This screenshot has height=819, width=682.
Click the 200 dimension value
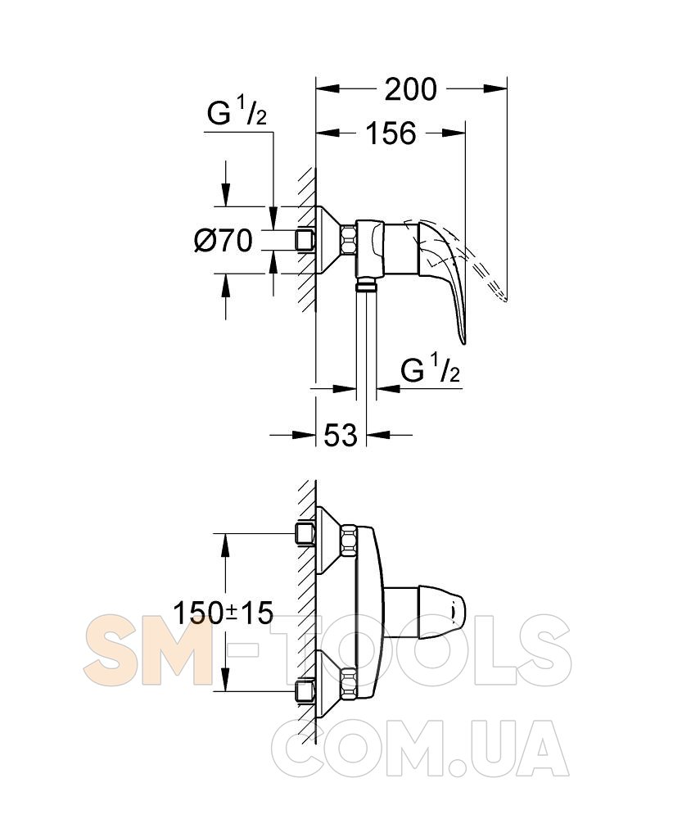coord(410,89)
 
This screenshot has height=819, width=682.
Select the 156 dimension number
coord(391,133)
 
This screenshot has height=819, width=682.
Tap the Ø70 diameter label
coord(224,241)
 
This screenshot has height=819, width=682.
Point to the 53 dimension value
coord(341,435)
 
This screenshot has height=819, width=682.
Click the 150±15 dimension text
coord(223,613)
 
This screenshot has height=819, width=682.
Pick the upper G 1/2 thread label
coord(237,113)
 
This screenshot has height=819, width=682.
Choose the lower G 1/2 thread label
coord(431,370)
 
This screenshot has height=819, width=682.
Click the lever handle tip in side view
coord(463,341)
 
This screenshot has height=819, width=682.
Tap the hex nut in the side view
coord(348,241)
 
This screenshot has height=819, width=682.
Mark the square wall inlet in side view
coord(305,241)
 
